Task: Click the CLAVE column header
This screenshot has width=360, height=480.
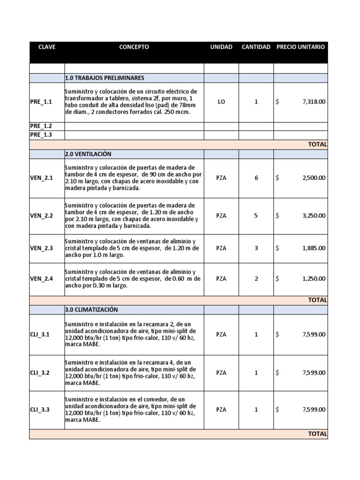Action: click(x=46, y=47)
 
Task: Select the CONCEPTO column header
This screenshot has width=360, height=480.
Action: click(x=134, y=47)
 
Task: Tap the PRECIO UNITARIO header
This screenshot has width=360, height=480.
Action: click(x=300, y=47)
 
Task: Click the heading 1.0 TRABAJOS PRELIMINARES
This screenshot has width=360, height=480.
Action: click(x=105, y=78)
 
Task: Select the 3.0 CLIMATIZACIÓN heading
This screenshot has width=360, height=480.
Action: click(x=91, y=310)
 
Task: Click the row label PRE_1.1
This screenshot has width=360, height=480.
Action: click(x=41, y=102)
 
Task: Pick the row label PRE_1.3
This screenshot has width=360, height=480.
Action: click(x=41, y=135)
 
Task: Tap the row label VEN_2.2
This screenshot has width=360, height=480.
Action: click(x=42, y=216)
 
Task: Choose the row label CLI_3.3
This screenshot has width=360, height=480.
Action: click(x=40, y=409)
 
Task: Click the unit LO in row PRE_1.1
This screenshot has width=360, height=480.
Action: click(x=221, y=102)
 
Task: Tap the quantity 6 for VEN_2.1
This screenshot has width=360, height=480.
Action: click(x=256, y=178)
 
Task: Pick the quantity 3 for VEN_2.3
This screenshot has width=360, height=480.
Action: click(x=256, y=248)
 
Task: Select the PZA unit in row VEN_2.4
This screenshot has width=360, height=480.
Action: click(x=221, y=278)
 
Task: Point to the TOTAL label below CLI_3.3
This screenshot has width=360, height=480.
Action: click(x=317, y=434)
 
